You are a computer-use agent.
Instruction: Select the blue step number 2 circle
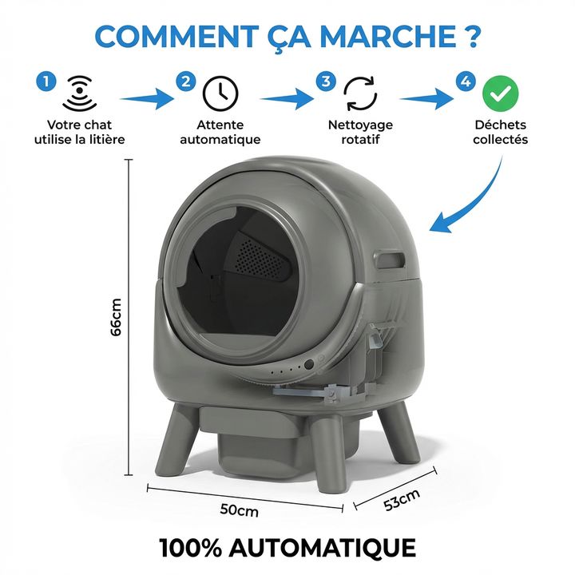(x=186, y=81)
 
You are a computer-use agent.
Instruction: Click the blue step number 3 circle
(x=325, y=81)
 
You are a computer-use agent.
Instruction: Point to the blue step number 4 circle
(x=465, y=81)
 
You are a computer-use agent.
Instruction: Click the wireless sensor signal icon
(x=78, y=93)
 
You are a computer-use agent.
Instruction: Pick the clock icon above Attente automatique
(x=220, y=93)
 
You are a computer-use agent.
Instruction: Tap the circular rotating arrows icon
(x=360, y=93)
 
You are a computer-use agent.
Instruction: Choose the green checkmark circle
(x=501, y=93)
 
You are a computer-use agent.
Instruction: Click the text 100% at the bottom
(x=192, y=549)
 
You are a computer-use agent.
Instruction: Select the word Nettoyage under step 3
(x=360, y=125)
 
